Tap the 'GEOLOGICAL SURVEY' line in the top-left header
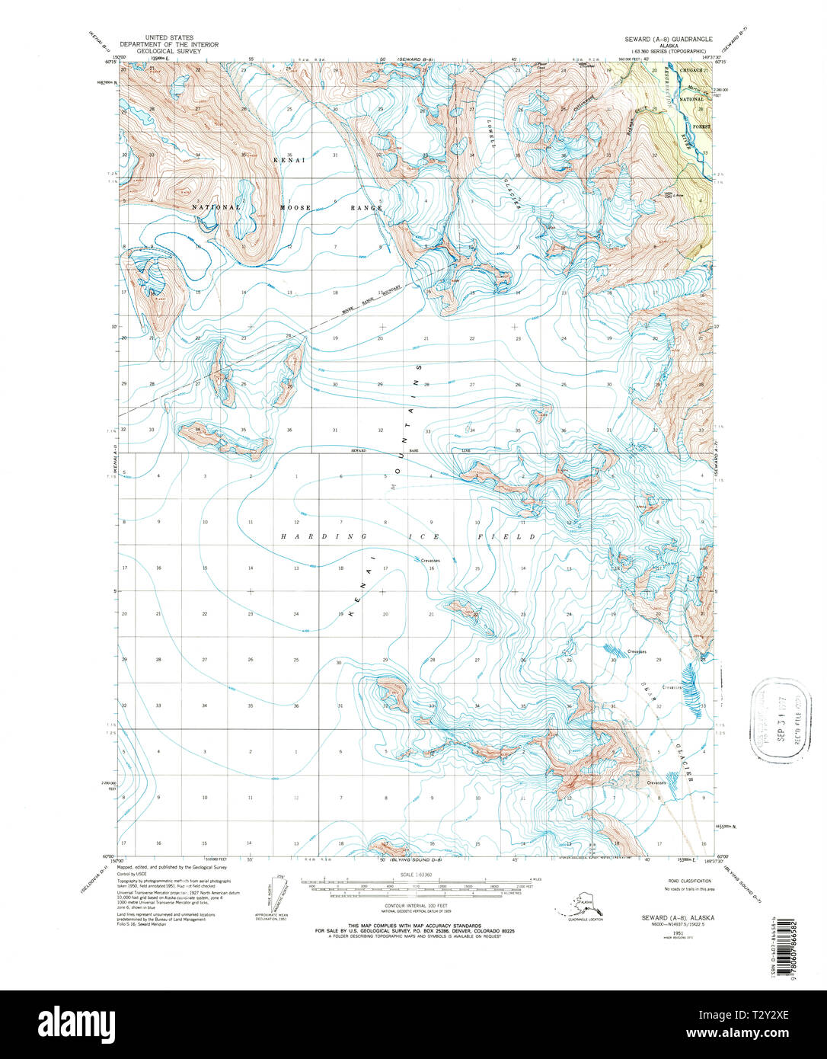point(169,50)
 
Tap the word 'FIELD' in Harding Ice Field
point(517,537)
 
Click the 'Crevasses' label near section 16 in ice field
point(430,561)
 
